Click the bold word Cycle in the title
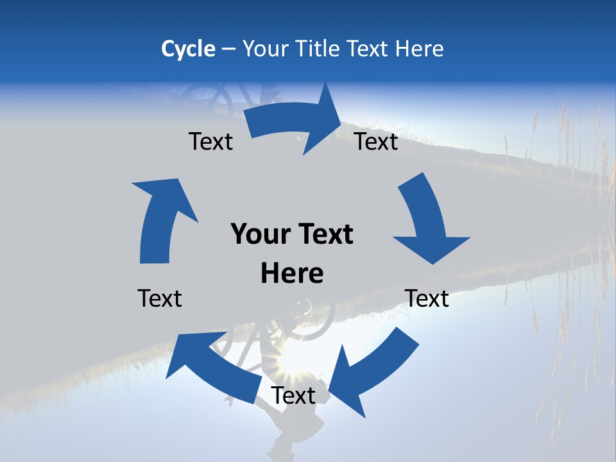click(188, 49)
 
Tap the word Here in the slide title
click(418, 49)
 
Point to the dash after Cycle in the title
click(228, 49)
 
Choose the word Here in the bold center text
click(292, 273)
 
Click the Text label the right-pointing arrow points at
click(377, 141)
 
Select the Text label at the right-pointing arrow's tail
click(210, 141)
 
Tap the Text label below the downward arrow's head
click(427, 298)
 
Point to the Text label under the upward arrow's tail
click(160, 298)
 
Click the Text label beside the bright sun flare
click(293, 395)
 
